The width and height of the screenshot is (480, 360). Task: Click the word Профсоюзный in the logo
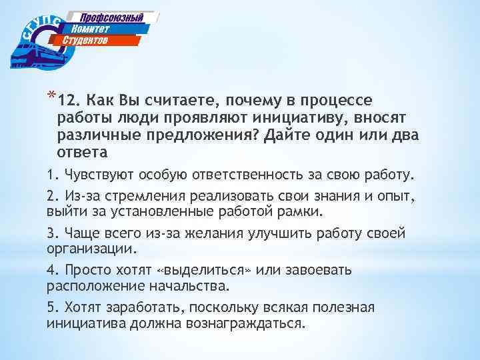click(x=113, y=17)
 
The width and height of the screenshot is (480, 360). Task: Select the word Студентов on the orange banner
click(x=85, y=41)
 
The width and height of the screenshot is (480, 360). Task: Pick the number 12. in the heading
click(x=69, y=101)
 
